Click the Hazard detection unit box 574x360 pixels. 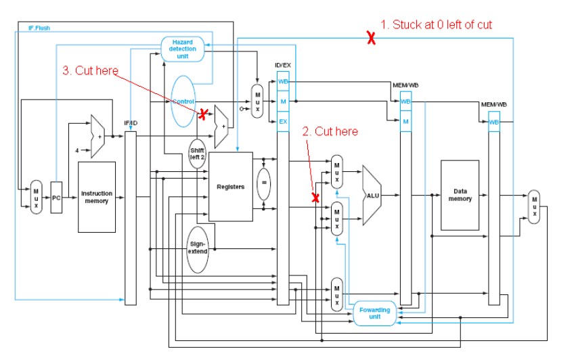click(x=182, y=49)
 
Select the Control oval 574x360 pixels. click(x=183, y=102)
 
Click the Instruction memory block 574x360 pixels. click(x=97, y=197)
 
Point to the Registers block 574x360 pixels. click(x=230, y=186)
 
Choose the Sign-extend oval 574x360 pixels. click(x=198, y=248)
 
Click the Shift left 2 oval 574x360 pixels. click(x=197, y=154)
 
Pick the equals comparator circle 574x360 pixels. click(x=263, y=182)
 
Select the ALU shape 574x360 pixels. click(x=372, y=195)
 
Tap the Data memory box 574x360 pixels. click(x=460, y=195)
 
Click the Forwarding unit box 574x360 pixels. click(x=374, y=313)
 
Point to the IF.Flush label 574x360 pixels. click(x=39, y=28)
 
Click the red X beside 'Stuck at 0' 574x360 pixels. click(x=371, y=39)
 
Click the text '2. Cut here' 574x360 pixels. click(x=330, y=131)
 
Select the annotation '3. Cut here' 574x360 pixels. click(x=90, y=70)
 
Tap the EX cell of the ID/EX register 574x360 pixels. click(x=283, y=122)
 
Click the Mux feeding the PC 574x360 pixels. click(x=36, y=197)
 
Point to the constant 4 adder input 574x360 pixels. click(x=76, y=150)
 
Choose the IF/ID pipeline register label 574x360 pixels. click(x=131, y=123)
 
